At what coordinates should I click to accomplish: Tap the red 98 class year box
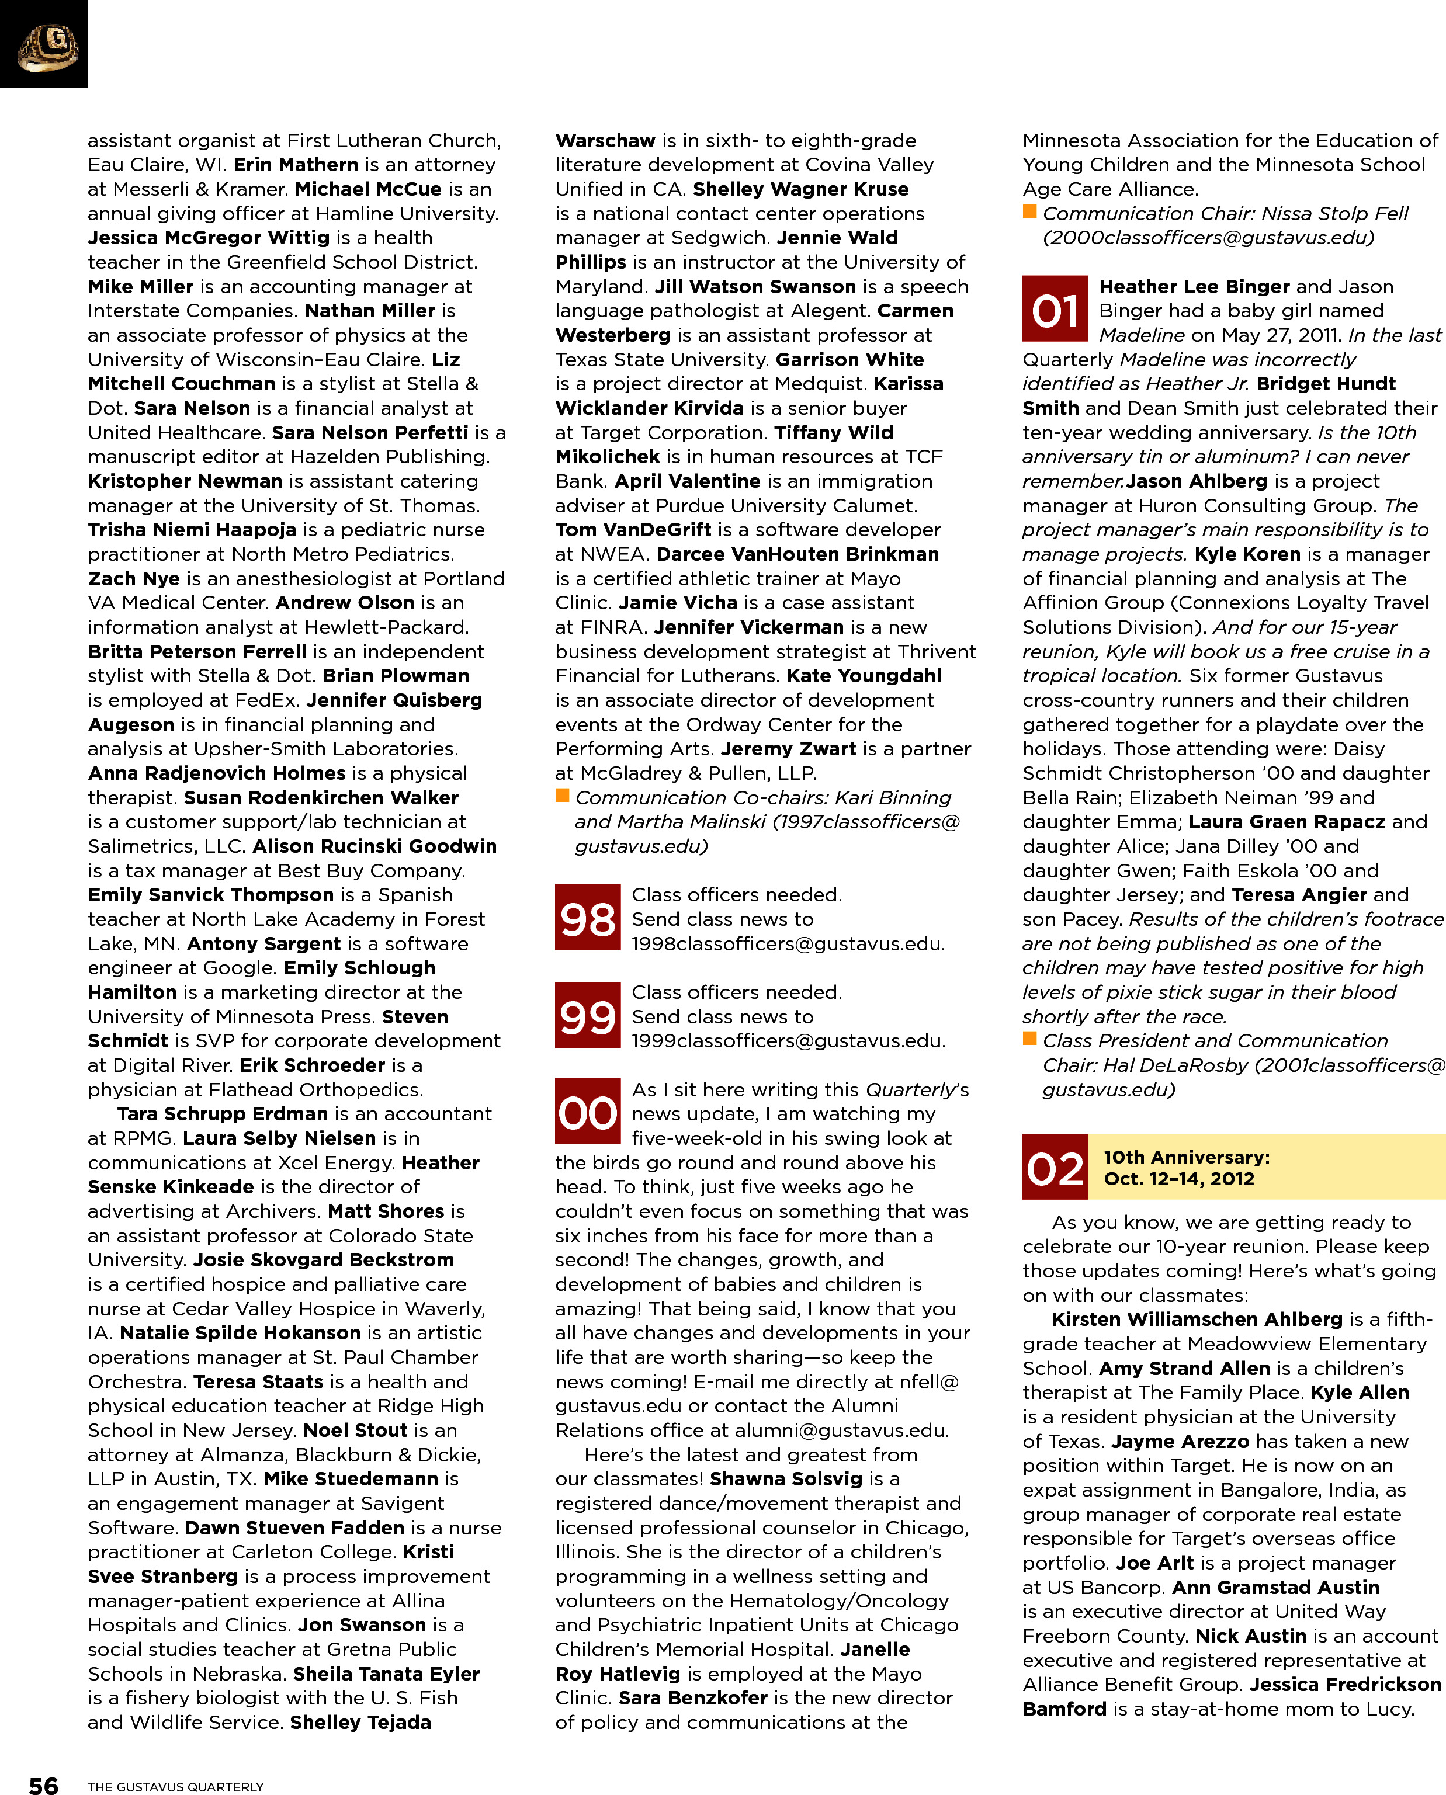[587, 918]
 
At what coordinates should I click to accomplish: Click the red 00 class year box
[587, 1112]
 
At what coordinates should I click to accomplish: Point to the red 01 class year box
[1055, 309]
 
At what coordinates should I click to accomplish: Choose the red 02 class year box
[1055, 1166]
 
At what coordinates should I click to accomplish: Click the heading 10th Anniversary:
[1186, 1157]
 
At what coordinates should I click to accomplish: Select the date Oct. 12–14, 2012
[1178, 1179]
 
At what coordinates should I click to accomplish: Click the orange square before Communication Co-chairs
[562, 796]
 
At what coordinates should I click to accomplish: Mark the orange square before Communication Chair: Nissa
[1029, 211]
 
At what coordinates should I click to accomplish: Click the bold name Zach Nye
[133, 579]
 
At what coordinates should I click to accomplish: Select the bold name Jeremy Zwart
[788, 748]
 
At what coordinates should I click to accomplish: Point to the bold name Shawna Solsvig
[785, 1478]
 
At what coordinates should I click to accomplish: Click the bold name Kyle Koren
[1247, 554]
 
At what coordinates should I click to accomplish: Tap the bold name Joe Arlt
[1154, 1563]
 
